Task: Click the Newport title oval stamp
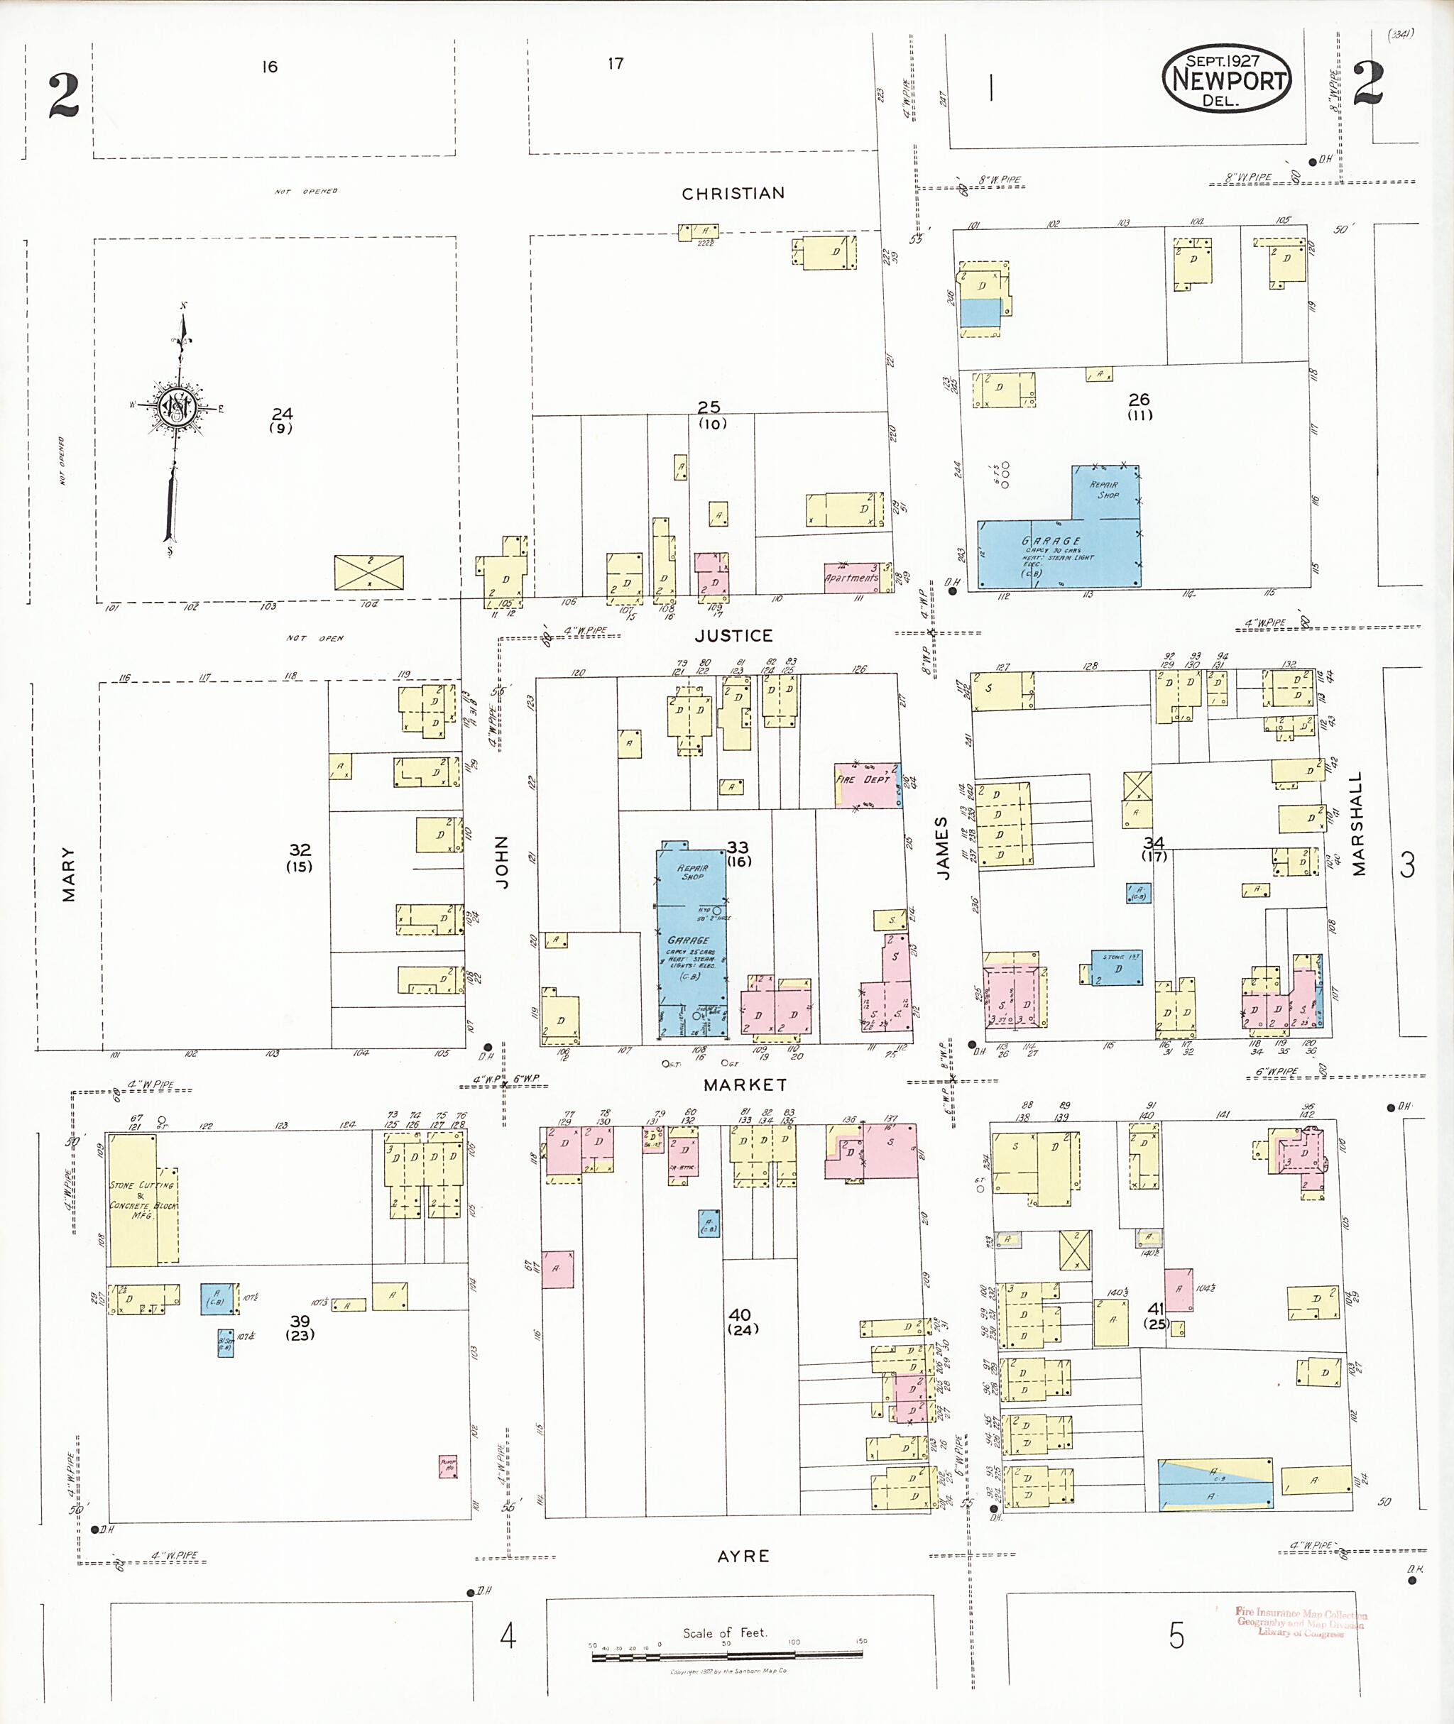click(1227, 78)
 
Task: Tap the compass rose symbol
click(176, 407)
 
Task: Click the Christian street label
click(733, 194)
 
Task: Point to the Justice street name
click(733, 635)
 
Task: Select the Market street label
click(745, 1085)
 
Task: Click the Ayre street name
click(743, 1556)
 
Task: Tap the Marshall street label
click(1358, 823)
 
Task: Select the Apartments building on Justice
click(853, 578)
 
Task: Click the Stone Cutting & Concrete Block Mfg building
click(142, 1199)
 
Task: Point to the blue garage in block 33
click(691, 940)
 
